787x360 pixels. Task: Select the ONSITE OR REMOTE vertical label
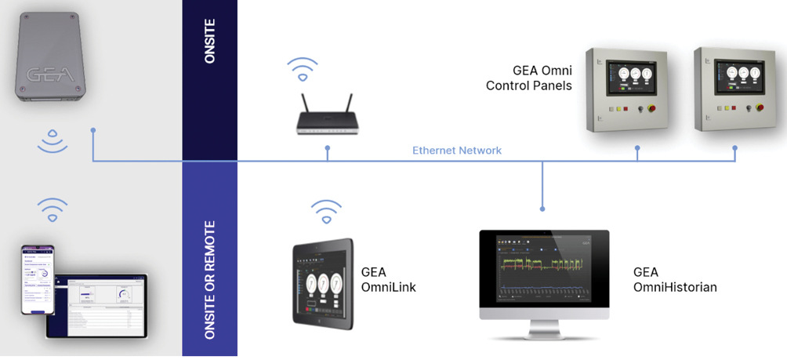pos(209,280)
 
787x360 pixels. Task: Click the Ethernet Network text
pos(457,150)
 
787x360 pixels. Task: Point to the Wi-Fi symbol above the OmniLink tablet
pos(327,210)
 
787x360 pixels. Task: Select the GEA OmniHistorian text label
pos(675,280)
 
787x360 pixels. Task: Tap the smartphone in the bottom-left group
pos(37,280)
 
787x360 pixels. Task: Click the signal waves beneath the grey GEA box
pos(53,142)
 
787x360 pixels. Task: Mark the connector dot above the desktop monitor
pos(542,209)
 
